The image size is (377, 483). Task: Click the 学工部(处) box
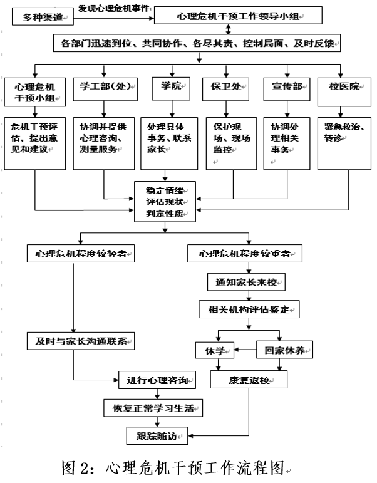tap(103, 86)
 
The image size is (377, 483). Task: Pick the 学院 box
tap(168, 86)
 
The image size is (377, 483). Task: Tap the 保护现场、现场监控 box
tap(232, 142)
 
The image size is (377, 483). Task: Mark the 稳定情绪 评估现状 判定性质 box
tap(166, 200)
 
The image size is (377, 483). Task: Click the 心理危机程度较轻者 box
tap(82, 254)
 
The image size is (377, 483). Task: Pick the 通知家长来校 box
tap(246, 282)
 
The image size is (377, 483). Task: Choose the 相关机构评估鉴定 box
tap(249, 309)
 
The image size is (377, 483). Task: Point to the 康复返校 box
tap(249, 379)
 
